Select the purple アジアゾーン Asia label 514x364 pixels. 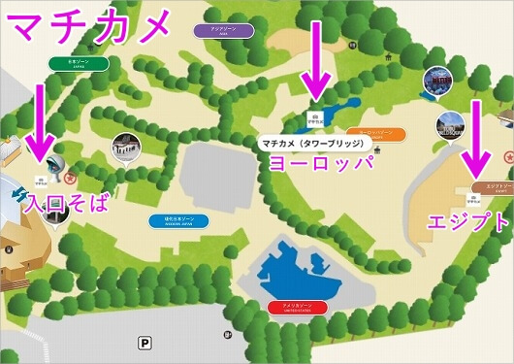click(x=224, y=31)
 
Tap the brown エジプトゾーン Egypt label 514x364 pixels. click(x=494, y=183)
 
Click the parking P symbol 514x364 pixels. click(x=145, y=342)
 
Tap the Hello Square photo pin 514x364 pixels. click(x=448, y=122)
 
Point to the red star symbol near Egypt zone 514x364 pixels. click(x=505, y=155)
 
